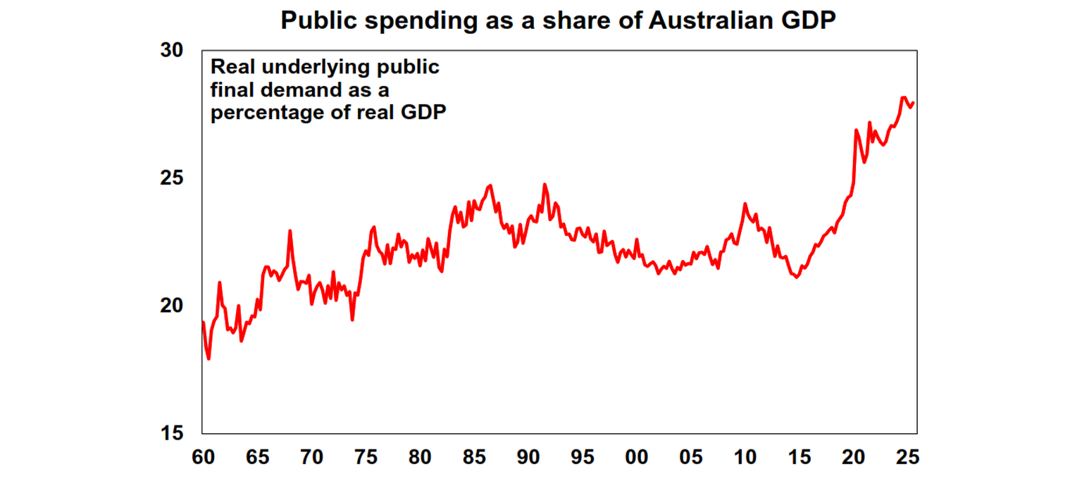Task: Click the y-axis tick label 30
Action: coord(173,51)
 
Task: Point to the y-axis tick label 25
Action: coord(173,178)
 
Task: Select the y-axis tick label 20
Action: coord(173,306)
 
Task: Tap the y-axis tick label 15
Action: coord(173,433)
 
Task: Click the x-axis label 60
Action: coord(203,457)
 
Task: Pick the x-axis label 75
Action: coord(366,457)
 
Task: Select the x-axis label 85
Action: coord(474,457)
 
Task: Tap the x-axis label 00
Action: coord(636,457)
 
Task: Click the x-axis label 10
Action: coord(745,457)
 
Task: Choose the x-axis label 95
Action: coord(582,457)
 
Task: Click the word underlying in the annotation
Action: coord(310,68)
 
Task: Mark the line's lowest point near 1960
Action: coord(209,359)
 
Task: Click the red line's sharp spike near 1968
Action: coord(290,230)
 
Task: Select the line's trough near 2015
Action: coord(797,278)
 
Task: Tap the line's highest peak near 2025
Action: coord(903,97)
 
